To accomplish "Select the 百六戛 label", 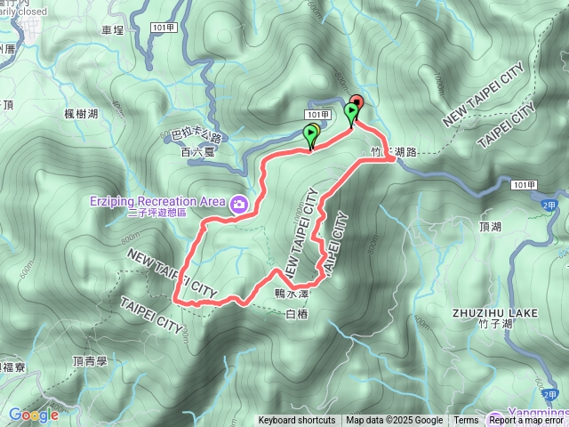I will click(x=197, y=152).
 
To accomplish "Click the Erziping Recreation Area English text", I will click(x=156, y=201).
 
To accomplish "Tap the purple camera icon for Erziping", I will click(x=239, y=205).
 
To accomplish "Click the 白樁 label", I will click(x=296, y=313).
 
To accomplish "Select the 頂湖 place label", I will click(x=490, y=227).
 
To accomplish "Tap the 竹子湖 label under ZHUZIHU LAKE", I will click(x=494, y=325).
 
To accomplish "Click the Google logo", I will click(x=34, y=415).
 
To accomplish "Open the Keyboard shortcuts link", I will click(x=297, y=421).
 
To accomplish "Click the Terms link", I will click(x=466, y=421).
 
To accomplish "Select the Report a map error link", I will click(x=526, y=421).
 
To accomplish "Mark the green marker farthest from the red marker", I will click(x=311, y=136).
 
